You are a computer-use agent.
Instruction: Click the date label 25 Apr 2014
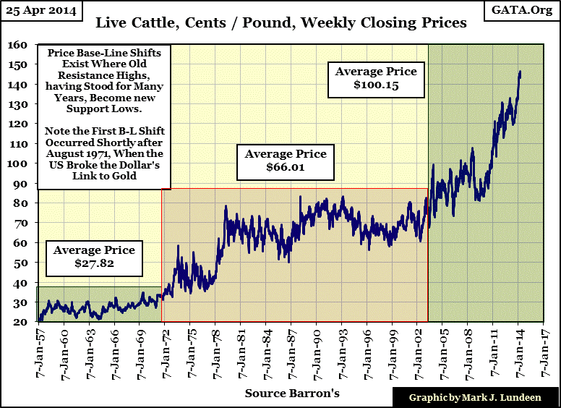(41, 10)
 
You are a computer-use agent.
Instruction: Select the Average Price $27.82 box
(94, 258)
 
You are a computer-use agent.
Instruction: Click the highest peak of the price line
(521, 72)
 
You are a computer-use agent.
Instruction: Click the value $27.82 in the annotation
(94, 264)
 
